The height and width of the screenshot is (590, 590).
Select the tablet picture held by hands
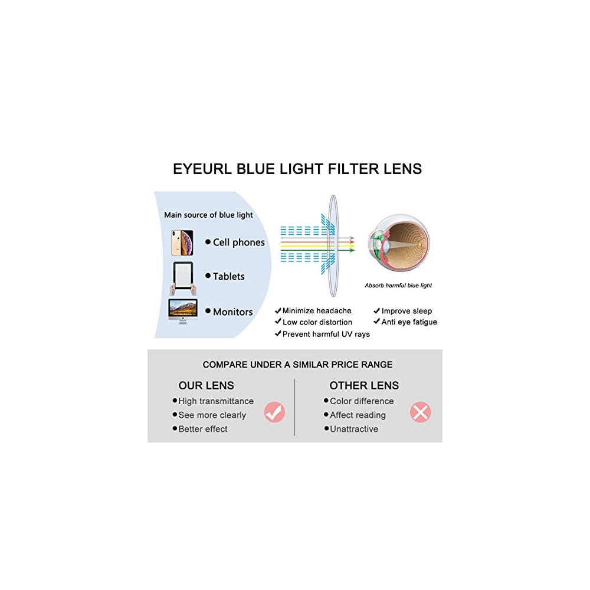[x=182, y=277]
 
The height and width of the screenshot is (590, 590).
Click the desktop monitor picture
[x=183, y=311]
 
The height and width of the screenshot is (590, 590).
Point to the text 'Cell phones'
[x=239, y=242]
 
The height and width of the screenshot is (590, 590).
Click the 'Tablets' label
[x=228, y=276]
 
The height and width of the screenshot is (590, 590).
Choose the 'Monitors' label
[x=232, y=312]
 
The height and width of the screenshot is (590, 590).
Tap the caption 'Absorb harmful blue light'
[x=398, y=286]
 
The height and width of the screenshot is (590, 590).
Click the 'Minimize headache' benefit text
[x=316, y=311]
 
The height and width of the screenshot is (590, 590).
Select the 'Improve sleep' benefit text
[x=407, y=311]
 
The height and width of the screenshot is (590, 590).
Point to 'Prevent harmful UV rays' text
[x=326, y=334]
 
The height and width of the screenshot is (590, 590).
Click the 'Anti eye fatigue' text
[x=409, y=322]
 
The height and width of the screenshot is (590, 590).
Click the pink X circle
[x=420, y=412]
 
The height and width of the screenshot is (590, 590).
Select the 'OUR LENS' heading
[x=206, y=386]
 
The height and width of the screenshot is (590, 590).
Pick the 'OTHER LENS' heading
[x=364, y=386]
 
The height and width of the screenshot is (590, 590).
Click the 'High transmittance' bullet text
[x=216, y=401]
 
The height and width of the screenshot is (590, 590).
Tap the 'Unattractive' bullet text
[x=354, y=429]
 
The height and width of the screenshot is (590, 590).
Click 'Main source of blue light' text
[x=208, y=215]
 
